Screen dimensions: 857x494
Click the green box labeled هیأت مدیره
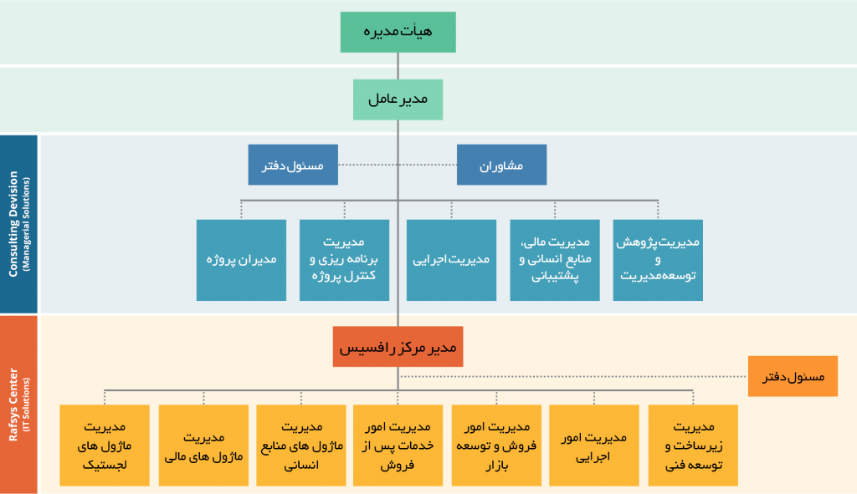(398, 33)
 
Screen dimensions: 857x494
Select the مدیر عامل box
(398, 100)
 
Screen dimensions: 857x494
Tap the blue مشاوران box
(502, 165)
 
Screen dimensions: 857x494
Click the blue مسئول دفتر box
(293, 165)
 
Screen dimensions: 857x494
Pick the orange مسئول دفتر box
(793, 376)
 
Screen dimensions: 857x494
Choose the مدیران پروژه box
(242, 260)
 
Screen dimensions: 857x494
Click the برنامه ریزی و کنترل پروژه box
(344, 260)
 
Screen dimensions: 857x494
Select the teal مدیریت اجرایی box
(451, 260)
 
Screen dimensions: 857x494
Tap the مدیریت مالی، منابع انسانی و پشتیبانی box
(555, 260)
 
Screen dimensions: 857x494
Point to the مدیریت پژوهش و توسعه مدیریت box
(658, 260)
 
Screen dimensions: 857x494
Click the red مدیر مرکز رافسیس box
(398, 347)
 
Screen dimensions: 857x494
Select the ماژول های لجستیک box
(105, 446)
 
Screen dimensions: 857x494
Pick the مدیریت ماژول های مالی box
(203, 446)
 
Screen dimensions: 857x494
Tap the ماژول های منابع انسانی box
(301, 446)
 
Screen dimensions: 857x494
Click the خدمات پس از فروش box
(398, 446)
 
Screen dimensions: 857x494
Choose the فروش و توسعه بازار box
(496, 446)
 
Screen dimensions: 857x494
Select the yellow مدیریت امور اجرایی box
(594, 446)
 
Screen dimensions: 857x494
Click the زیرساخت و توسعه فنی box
(693, 446)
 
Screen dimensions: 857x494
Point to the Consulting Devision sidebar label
(18, 224)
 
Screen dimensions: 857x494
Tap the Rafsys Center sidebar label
(18, 405)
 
